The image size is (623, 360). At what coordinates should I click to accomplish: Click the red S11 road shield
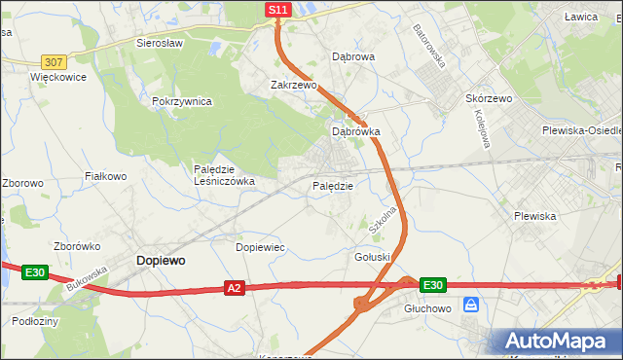[x=278, y=10]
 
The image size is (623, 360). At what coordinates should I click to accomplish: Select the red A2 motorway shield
[x=234, y=288]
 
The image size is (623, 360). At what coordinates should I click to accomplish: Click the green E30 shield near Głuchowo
[x=433, y=285]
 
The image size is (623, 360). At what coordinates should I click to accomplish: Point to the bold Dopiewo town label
[x=161, y=261]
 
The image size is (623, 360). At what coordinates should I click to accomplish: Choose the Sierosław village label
[x=161, y=44]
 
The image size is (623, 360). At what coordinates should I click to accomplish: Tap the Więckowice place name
[x=58, y=76]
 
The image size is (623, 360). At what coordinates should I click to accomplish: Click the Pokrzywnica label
[x=182, y=102]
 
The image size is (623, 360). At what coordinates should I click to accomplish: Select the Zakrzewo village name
[x=294, y=85]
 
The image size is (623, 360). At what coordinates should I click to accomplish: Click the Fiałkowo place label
[x=106, y=176]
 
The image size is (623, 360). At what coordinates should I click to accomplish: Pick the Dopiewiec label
[x=260, y=247]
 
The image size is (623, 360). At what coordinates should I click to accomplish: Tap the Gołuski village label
[x=372, y=256]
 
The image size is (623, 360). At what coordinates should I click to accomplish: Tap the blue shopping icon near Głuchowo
[x=471, y=305]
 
